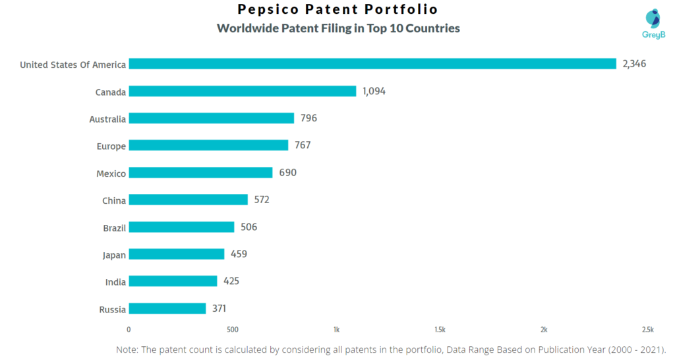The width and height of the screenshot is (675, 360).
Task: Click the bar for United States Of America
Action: (x=372, y=64)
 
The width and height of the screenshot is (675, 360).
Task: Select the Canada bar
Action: (x=242, y=91)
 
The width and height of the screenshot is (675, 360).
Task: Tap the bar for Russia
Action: (x=167, y=309)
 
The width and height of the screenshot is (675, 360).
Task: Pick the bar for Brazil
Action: (x=181, y=227)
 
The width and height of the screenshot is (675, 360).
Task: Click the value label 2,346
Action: (x=634, y=64)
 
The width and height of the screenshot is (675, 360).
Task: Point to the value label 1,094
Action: (x=374, y=91)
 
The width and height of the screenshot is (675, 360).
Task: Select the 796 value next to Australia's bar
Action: (x=308, y=118)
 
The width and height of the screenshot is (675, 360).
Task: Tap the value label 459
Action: (x=239, y=254)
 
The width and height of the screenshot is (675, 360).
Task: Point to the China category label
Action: (x=114, y=200)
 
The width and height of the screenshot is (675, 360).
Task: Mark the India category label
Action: (x=115, y=282)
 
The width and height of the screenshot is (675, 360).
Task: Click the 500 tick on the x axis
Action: (x=232, y=329)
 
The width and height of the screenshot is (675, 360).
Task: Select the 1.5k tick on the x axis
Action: (x=440, y=329)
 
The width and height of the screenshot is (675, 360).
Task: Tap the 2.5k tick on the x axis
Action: (x=648, y=329)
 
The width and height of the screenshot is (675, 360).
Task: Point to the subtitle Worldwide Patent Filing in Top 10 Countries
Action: (x=338, y=28)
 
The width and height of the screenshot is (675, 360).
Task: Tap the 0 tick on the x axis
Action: (x=129, y=329)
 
